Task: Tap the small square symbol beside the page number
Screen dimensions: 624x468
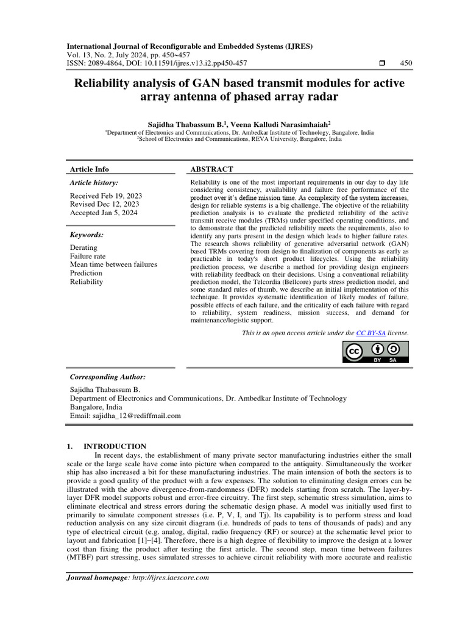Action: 382,63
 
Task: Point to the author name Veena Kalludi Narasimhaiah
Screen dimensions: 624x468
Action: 280,124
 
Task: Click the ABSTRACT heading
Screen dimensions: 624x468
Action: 211,169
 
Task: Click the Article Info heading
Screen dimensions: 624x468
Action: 90,169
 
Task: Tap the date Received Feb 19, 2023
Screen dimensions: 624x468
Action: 106,195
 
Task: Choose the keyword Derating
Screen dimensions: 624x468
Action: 83,247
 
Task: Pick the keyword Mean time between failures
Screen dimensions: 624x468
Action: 113,264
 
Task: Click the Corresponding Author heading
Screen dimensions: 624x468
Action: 108,377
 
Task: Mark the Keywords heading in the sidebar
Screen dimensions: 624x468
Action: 87,235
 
